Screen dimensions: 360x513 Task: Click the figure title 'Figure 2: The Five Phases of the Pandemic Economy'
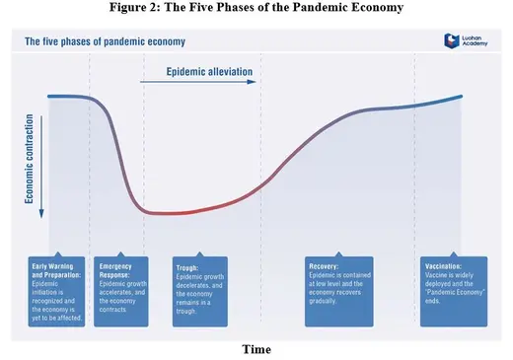[x=256, y=9]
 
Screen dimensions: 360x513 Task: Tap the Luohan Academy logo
[x=466, y=43]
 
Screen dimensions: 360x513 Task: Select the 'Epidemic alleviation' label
[x=210, y=72]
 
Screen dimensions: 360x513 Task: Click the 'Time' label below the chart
[x=256, y=349]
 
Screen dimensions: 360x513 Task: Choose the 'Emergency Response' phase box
[x=122, y=292]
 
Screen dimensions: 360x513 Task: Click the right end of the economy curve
[x=461, y=97]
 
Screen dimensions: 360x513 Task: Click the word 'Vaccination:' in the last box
[x=443, y=266]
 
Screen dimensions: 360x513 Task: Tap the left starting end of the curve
[x=48, y=96]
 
